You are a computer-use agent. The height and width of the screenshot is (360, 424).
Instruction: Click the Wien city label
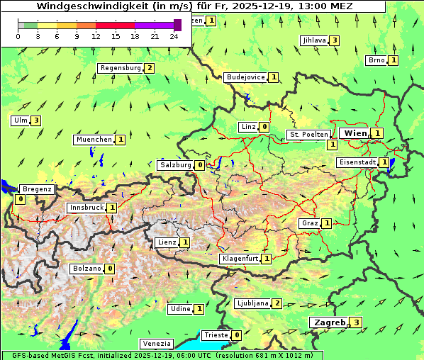[355, 133]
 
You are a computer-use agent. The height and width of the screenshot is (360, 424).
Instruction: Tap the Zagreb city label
[330, 322]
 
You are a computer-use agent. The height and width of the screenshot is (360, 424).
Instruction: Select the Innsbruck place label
[86, 208]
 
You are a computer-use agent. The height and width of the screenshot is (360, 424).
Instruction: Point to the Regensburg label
[121, 68]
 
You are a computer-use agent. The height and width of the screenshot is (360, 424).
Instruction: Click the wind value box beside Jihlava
[334, 40]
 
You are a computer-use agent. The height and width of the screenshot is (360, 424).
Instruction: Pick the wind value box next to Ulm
[36, 120]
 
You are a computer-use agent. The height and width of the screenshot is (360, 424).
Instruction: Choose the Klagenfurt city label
[240, 259]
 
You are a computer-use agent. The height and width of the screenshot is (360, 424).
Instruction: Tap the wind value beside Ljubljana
[277, 303]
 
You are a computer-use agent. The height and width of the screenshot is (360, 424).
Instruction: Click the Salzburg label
[175, 165]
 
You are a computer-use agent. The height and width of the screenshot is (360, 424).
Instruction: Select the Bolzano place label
[87, 269]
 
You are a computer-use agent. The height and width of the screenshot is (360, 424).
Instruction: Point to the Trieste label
[216, 335]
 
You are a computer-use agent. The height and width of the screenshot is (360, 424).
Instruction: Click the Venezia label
[156, 344]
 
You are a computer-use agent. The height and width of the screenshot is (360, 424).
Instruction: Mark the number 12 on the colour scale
[96, 36]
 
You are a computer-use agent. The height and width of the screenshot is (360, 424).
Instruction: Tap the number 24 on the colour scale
[174, 36]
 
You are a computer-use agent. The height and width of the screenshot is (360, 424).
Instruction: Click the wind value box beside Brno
[394, 60]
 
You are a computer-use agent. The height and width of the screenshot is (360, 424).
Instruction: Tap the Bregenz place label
[37, 189]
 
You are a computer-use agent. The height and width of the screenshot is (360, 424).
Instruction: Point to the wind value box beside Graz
[326, 223]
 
